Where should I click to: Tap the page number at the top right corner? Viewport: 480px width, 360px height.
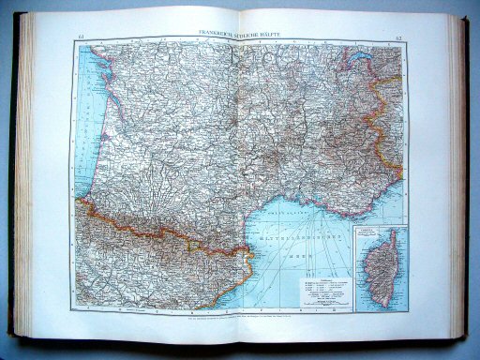click(x=398, y=37)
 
